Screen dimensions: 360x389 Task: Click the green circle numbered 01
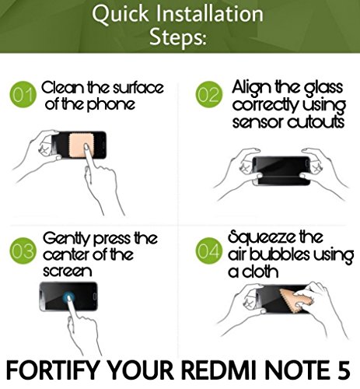click(23, 94)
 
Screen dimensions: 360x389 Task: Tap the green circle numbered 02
click(209, 94)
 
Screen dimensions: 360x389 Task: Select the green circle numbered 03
click(23, 251)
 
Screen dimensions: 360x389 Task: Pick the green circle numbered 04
click(209, 251)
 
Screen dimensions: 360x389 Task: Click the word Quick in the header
click(121, 14)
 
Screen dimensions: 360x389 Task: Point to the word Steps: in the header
click(178, 37)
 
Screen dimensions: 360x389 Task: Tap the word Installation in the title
click(209, 13)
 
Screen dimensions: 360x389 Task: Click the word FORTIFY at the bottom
click(53, 370)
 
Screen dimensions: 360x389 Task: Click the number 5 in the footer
click(344, 370)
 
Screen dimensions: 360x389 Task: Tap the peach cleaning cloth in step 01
click(82, 145)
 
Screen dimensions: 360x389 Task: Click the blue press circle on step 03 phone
click(68, 297)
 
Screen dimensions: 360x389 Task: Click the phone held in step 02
click(281, 170)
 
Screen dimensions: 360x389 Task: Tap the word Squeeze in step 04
click(262, 238)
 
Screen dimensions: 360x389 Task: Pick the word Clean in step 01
click(62, 88)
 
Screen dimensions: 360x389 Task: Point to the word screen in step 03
click(68, 272)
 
